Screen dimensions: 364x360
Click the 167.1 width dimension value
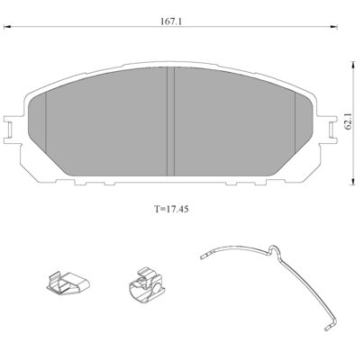(171, 22)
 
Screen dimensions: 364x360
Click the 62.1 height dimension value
(348, 122)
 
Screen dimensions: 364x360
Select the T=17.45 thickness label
(171, 209)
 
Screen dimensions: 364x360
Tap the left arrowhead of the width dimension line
(6, 27)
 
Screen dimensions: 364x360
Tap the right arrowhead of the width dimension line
(333, 27)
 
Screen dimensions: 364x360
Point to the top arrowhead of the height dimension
(354, 65)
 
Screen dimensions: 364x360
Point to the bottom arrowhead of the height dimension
(354, 181)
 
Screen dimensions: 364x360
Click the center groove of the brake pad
(170, 121)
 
